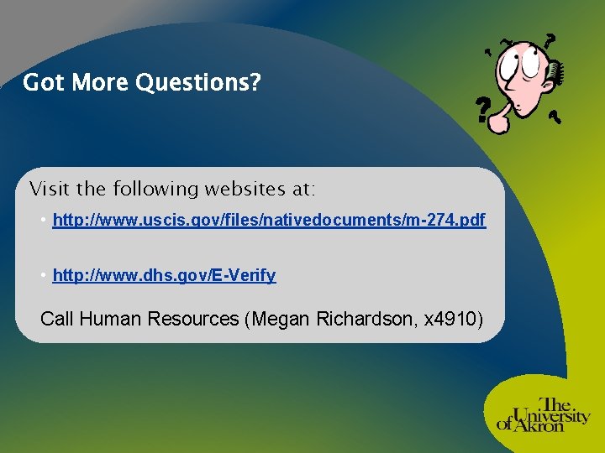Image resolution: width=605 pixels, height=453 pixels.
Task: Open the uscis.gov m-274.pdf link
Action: point(269,221)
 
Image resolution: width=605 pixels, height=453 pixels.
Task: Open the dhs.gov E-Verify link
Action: point(164,275)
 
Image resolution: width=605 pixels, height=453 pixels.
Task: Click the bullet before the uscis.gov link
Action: point(43,221)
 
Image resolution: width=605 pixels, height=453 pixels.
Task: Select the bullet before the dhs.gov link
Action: point(43,275)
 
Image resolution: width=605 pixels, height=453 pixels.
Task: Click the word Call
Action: point(58,319)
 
